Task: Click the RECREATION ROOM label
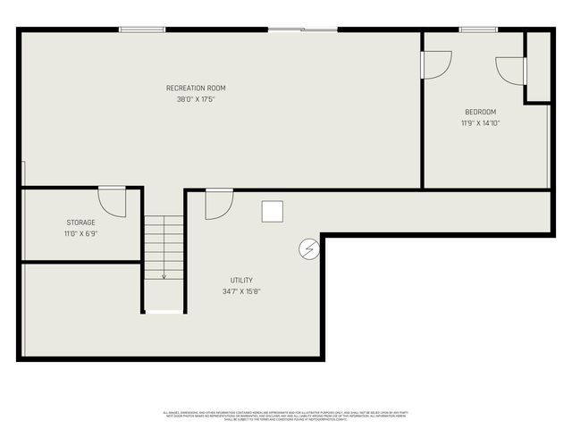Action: [x=196, y=88]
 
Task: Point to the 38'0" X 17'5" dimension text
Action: [x=196, y=99]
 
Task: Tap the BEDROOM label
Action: [x=480, y=112]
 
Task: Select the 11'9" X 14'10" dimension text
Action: [x=480, y=123]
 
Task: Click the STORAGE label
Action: [x=80, y=223]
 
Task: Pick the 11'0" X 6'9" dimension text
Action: [x=80, y=234]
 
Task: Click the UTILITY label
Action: [x=241, y=280]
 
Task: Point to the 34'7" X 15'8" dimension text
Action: [x=241, y=291]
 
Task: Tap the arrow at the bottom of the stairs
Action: [x=164, y=275]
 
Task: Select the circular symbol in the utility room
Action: [x=307, y=248]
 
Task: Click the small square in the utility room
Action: [x=273, y=211]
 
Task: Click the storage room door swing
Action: [x=112, y=202]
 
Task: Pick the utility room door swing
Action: [x=218, y=205]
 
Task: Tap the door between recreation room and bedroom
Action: [x=435, y=64]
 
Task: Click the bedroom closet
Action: [x=537, y=68]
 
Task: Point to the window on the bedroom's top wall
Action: [x=478, y=29]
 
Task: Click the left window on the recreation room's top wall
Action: [x=142, y=29]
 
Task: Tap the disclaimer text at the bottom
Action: [x=285, y=416]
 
